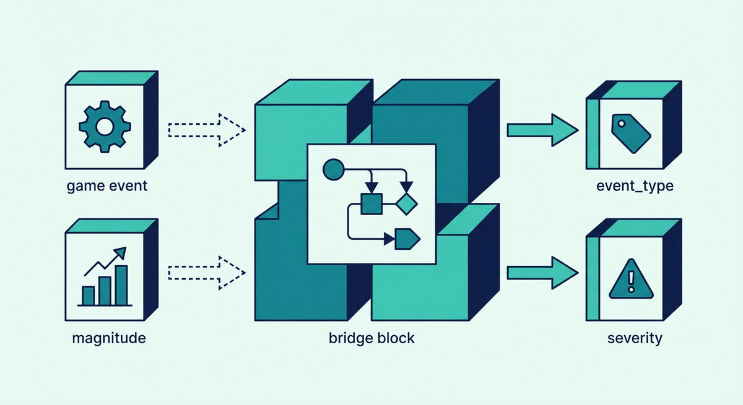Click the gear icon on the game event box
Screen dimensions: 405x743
tap(105, 127)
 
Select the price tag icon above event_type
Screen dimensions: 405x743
tap(630, 133)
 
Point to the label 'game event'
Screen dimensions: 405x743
tap(107, 185)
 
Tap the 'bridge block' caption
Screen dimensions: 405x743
tap(372, 338)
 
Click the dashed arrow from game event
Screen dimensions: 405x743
tap(206, 130)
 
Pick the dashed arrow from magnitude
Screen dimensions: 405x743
tap(206, 273)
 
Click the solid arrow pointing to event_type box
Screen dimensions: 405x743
tap(542, 130)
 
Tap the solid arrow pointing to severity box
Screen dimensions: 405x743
tap(542, 273)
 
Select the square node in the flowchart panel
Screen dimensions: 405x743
tap(371, 203)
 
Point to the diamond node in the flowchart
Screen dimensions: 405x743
tap(406, 203)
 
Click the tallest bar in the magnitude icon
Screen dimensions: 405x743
tap(121, 285)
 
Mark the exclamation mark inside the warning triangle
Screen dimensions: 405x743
tap(630, 283)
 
